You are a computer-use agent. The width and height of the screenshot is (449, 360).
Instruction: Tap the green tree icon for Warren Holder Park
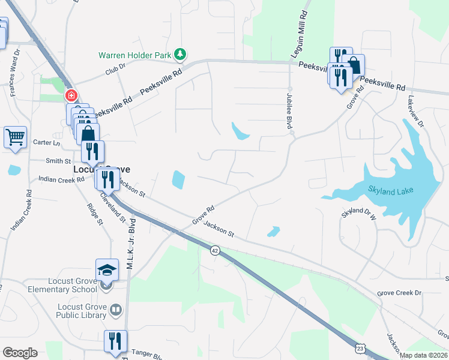pyautogui.click(x=179, y=55)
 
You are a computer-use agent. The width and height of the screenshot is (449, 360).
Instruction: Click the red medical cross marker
pyautogui.click(x=71, y=96)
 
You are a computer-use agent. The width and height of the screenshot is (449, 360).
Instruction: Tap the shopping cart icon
pyautogui.click(x=15, y=136)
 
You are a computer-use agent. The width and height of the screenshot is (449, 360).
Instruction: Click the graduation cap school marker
pyautogui.click(x=107, y=269)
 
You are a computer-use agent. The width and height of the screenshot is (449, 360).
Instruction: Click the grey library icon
pyautogui.click(x=116, y=310)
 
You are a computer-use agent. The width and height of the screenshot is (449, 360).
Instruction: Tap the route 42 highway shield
pyautogui.click(x=214, y=249)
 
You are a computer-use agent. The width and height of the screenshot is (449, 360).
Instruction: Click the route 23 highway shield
pyautogui.click(x=360, y=347)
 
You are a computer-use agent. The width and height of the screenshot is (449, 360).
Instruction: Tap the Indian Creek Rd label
pyautogui.click(x=61, y=179)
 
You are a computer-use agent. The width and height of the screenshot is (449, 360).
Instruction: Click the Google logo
pyautogui.click(x=20, y=352)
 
